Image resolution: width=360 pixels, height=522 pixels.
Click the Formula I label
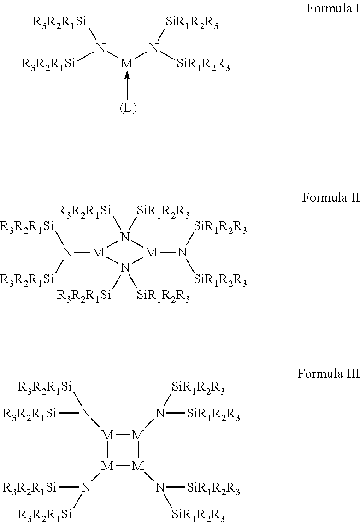click(x=332, y=9)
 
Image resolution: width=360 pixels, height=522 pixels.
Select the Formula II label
click(x=330, y=197)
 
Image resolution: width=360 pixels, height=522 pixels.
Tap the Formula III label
click(x=328, y=373)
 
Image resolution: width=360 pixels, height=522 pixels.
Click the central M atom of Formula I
click(x=126, y=64)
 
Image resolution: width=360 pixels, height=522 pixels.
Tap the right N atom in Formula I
click(x=154, y=48)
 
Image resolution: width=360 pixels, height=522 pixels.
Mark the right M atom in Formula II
click(x=151, y=252)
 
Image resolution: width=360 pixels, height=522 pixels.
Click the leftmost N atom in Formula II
click(x=68, y=252)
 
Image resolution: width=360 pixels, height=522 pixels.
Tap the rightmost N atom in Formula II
click(x=183, y=252)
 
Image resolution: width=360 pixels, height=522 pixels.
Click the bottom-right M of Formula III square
click(x=138, y=466)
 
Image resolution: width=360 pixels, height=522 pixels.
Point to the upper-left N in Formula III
click(x=85, y=413)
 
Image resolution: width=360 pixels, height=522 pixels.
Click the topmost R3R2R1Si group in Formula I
click(x=60, y=22)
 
